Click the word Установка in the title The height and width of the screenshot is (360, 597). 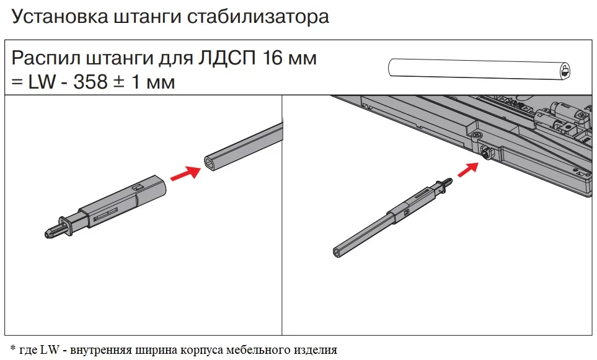(x=60, y=17)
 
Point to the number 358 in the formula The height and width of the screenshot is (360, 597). (x=91, y=82)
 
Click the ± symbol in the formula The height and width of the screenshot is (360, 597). (x=119, y=82)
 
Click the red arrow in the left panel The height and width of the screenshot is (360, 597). (x=185, y=173)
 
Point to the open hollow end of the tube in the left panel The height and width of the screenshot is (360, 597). (x=211, y=164)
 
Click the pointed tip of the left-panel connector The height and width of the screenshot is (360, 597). (x=47, y=232)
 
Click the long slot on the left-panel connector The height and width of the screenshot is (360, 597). (x=106, y=214)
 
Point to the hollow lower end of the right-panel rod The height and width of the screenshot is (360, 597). (x=337, y=252)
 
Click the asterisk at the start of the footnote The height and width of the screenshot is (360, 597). (x=14, y=347)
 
